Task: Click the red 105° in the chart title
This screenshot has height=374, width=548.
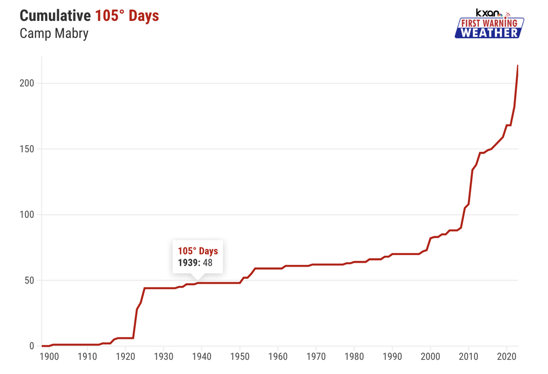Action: [x=111, y=16]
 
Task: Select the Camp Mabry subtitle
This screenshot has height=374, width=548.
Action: [x=54, y=33]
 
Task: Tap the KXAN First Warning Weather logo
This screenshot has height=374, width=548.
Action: [x=489, y=24]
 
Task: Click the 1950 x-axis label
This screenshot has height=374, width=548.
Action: [x=239, y=357]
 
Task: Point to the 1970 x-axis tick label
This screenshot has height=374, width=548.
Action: [x=316, y=357]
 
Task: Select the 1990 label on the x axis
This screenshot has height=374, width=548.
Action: [x=392, y=357]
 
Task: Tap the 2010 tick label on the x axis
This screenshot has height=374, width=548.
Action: [x=468, y=357]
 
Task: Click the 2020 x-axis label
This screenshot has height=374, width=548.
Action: [x=506, y=357]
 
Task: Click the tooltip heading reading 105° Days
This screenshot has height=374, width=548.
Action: [x=198, y=251]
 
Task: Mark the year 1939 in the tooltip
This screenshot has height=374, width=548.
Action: [x=188, y=263]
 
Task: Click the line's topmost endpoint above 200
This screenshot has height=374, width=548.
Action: [x=517, y=66]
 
